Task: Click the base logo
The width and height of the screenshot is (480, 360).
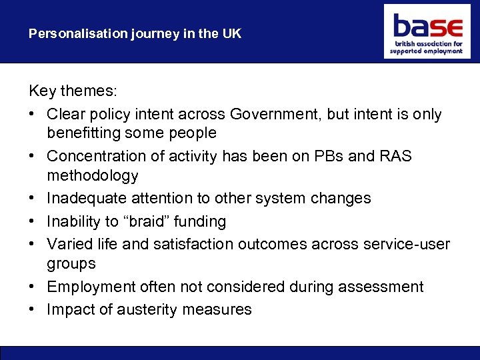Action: (427, 27)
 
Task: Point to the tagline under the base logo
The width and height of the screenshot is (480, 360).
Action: (426, 47)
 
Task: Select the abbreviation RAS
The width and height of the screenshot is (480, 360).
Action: (397, 156)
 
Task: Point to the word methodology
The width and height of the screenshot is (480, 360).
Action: (93, 176)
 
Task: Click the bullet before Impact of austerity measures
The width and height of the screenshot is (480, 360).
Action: (33, 309)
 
